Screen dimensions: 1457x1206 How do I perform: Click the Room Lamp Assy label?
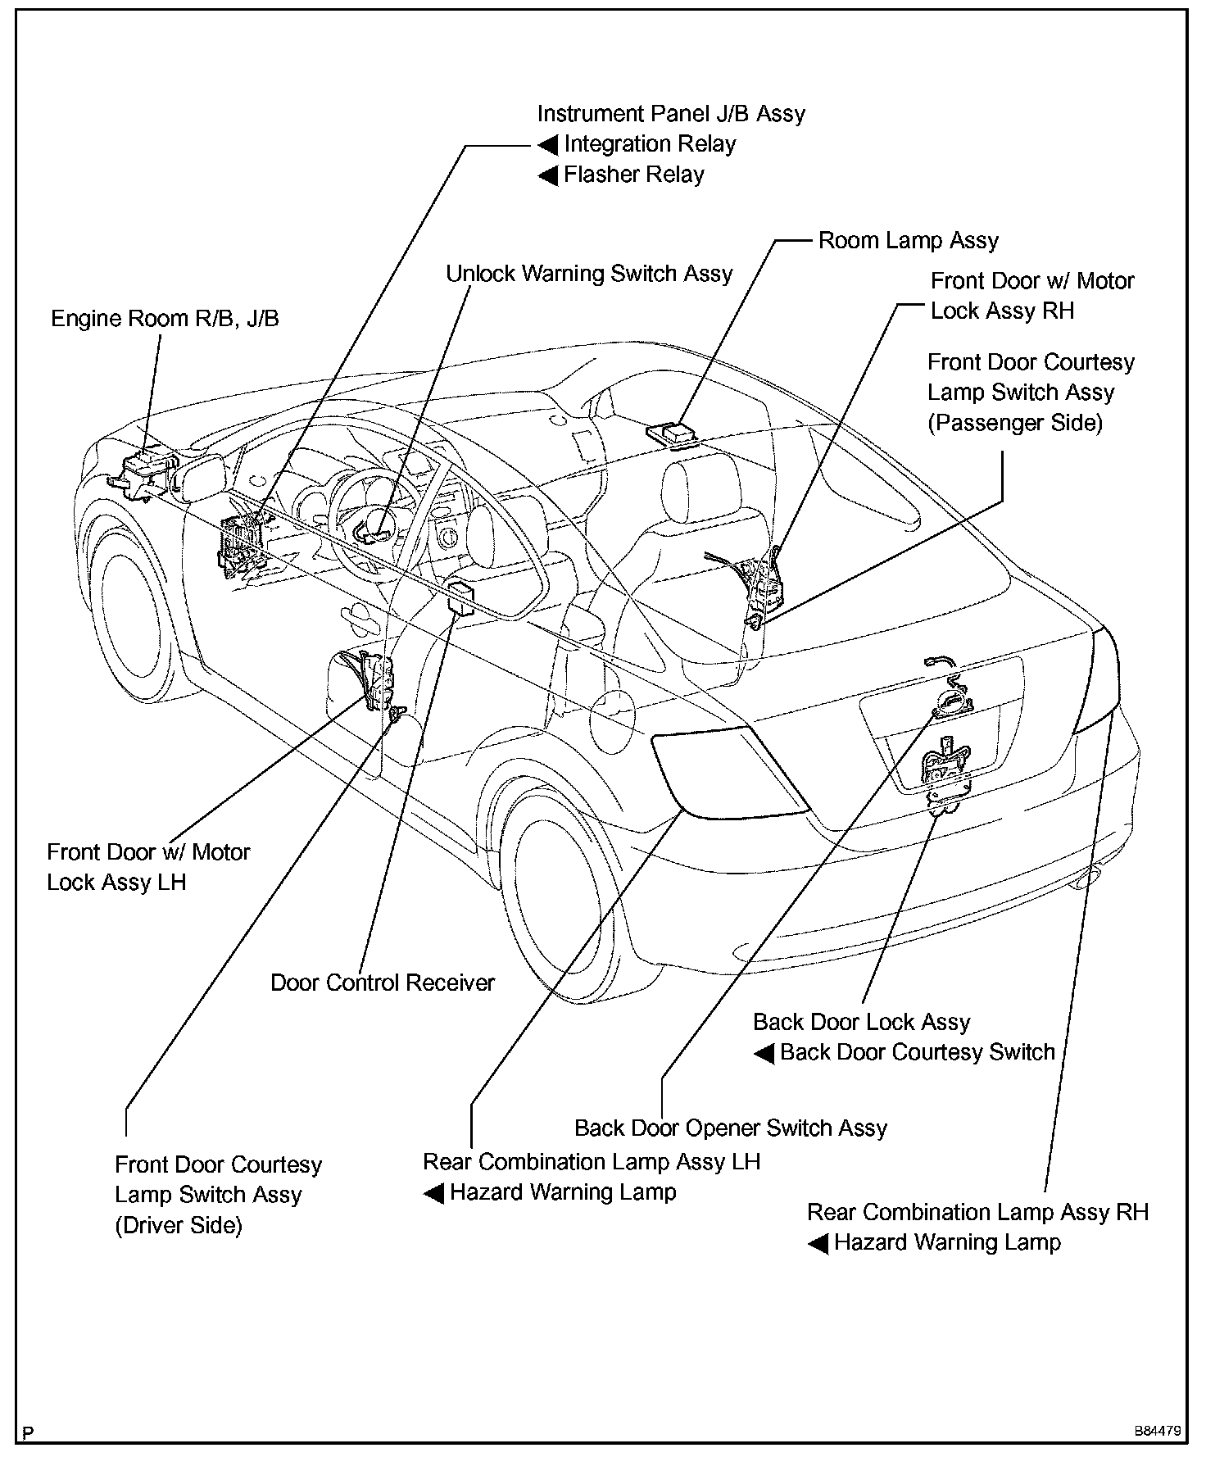point(908,241)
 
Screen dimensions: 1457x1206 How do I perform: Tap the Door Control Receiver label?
point(383,983)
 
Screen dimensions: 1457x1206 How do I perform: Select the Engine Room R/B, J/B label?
point(165,318)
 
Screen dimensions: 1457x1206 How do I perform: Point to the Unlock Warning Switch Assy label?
point(588,274)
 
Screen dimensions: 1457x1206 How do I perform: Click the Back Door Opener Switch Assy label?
point(730,1128)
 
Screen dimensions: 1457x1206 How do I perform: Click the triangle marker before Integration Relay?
point(547,146)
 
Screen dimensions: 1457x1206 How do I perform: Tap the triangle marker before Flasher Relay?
point(547,175)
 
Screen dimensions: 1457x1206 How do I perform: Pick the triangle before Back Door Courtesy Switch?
point(764,1054)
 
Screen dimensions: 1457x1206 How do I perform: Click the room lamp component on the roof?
point(673,433)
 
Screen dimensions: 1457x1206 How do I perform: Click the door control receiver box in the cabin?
point(462,597)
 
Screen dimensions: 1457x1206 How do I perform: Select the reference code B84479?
point(1157,1432)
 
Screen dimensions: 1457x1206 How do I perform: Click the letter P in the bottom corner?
point(28,1432)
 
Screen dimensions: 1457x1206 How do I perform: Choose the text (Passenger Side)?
point(1014,423)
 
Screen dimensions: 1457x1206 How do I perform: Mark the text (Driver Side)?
point(179,1226)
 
